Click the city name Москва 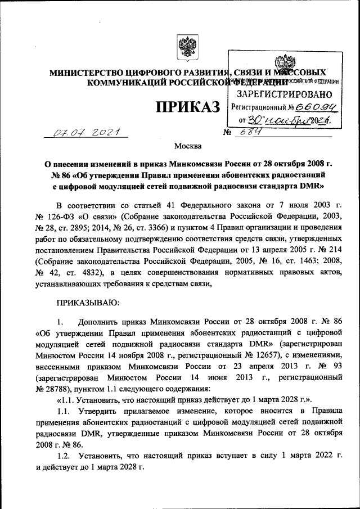pyautogui.click(x=187, y=147)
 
